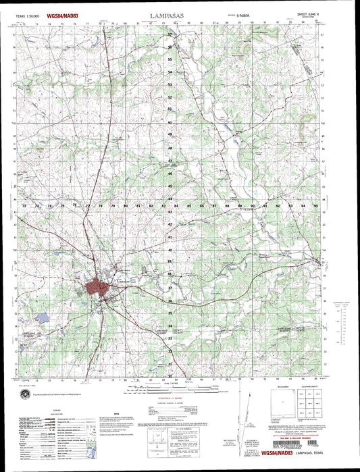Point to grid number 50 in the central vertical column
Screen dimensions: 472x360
pos(170,123)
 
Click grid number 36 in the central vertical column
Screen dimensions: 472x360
pos(170,300)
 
